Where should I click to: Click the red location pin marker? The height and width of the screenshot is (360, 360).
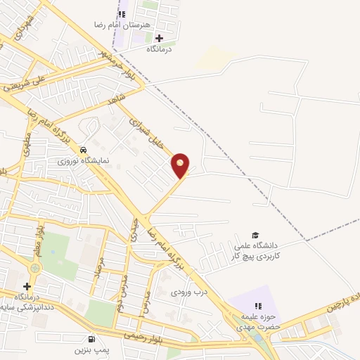181,165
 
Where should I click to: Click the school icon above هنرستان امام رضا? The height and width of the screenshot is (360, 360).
122,13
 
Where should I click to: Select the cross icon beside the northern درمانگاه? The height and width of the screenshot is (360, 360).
159,38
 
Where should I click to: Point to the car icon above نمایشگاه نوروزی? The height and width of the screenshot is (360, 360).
84,150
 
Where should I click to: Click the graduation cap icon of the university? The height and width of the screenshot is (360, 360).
256,235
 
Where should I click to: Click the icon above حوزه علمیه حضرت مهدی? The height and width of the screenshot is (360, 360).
258,306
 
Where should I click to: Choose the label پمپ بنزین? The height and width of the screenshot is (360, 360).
89,349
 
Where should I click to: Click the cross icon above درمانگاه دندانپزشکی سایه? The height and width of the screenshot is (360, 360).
27,286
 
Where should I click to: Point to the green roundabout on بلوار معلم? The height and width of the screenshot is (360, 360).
34,269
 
